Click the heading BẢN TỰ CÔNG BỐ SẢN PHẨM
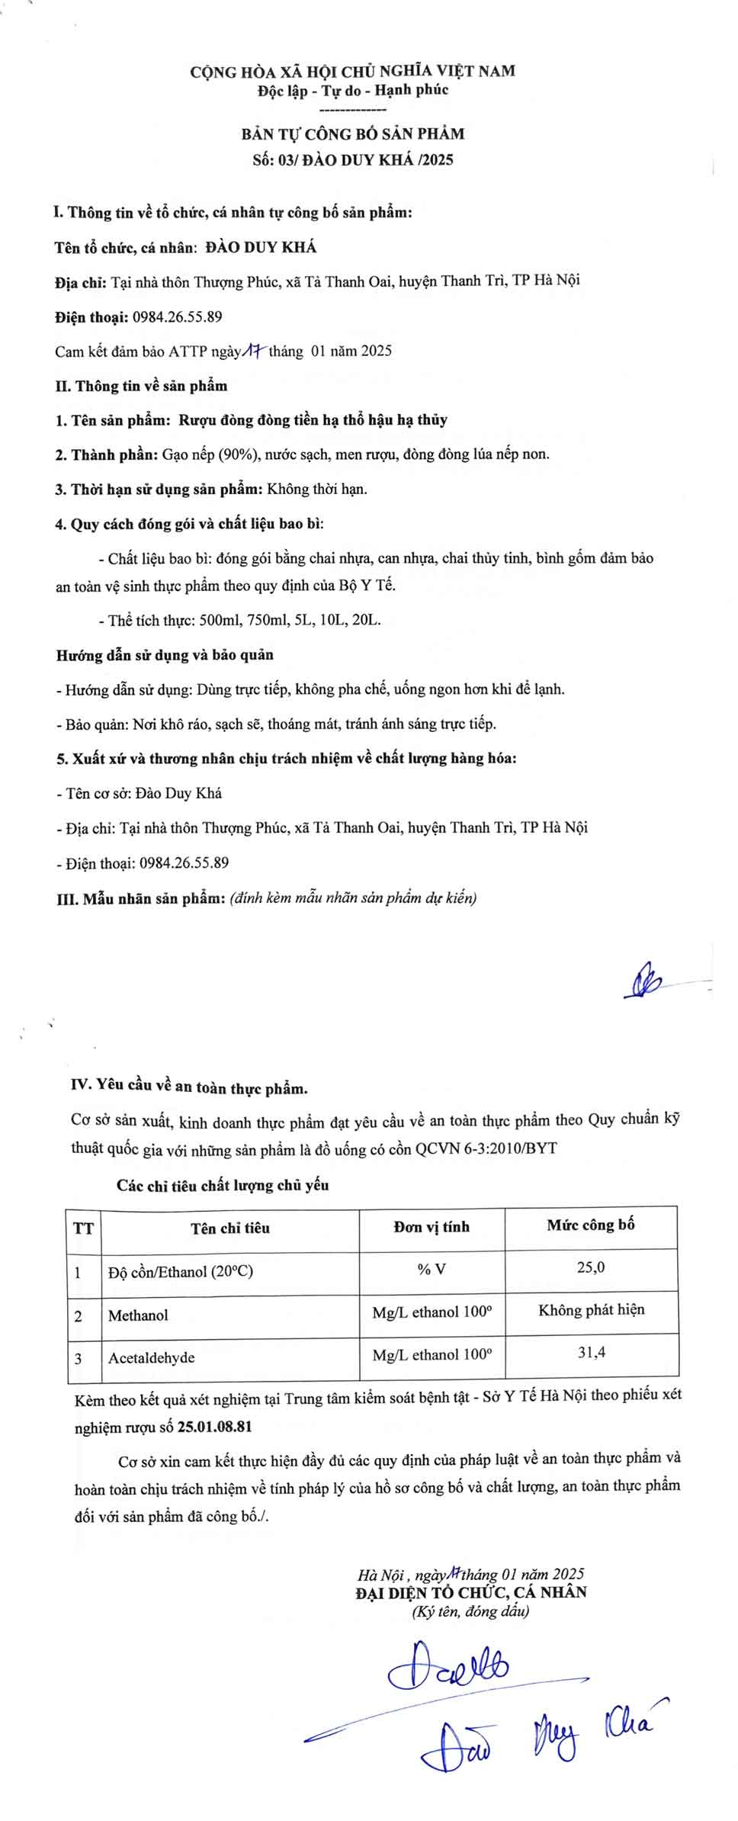(x=353, y=134)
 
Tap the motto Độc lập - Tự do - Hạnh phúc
(x=353, y=90)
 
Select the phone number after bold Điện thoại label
(x=177, y=316)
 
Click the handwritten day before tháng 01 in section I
(x=253, y=351)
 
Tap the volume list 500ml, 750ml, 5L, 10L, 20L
(x=290, y=620)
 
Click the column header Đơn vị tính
(x=432, y=1227)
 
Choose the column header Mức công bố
(x=590, y=1225)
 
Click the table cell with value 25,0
(x=591, y=1267)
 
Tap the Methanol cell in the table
(x=138, y=1315)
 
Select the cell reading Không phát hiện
(x=591, y=1310)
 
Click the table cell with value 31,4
(x=591, y=1353)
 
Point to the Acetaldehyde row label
(x=151, y=1357)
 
